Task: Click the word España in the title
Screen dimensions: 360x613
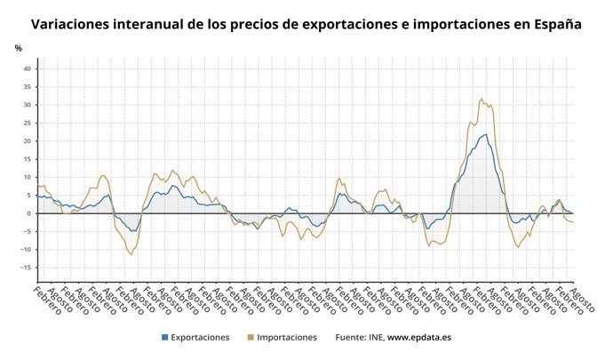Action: (553, 25)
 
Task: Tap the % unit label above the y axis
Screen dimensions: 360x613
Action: (18, 48)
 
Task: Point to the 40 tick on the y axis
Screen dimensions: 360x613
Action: (27, 68)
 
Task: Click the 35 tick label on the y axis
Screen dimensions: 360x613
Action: (27, 87)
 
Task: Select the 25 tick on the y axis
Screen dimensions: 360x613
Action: (27, 123)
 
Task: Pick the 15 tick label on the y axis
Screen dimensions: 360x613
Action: (27, 159)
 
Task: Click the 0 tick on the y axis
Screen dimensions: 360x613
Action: (28, 213)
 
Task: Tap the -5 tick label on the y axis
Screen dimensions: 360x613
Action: (27, 232)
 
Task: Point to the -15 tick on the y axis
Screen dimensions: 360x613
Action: (26, 268)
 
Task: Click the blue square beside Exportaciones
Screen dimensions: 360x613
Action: (164, 338)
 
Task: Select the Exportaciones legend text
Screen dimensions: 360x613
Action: (200, 338)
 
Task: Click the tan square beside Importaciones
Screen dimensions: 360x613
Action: (250, 338)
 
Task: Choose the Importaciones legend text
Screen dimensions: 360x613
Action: (286, 338)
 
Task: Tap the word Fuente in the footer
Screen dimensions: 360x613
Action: (352, 338)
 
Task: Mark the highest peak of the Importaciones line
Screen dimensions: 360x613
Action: (482, 99)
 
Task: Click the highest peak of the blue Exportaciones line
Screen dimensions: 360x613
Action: (485, 134)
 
